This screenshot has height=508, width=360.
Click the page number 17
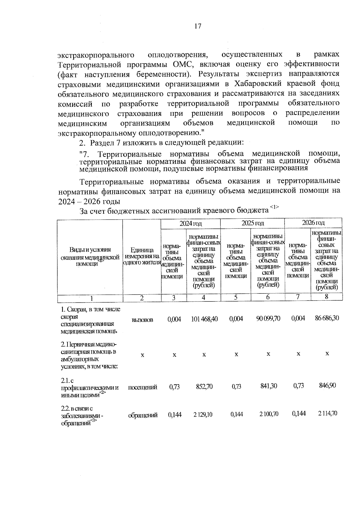[198, 26]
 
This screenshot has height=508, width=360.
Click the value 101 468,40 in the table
[204, 319]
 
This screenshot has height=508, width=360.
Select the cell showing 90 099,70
[268, 318]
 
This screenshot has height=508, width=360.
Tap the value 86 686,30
[327, 318]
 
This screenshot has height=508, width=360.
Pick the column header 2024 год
[190, 223]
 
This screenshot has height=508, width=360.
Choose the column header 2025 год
[253, 223]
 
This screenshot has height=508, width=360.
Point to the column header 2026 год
[313, 223]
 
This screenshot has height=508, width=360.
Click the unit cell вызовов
[142, 320]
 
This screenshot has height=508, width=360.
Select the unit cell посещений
[142, 387]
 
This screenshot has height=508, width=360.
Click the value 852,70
[204, 387]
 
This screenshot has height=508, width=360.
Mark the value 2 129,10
[203, 414]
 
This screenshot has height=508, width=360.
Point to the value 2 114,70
[327, 414]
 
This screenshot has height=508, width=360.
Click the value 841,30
[268, 386]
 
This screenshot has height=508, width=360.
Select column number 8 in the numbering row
[327, 296]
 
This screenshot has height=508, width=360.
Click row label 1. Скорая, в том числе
[90, 309]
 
